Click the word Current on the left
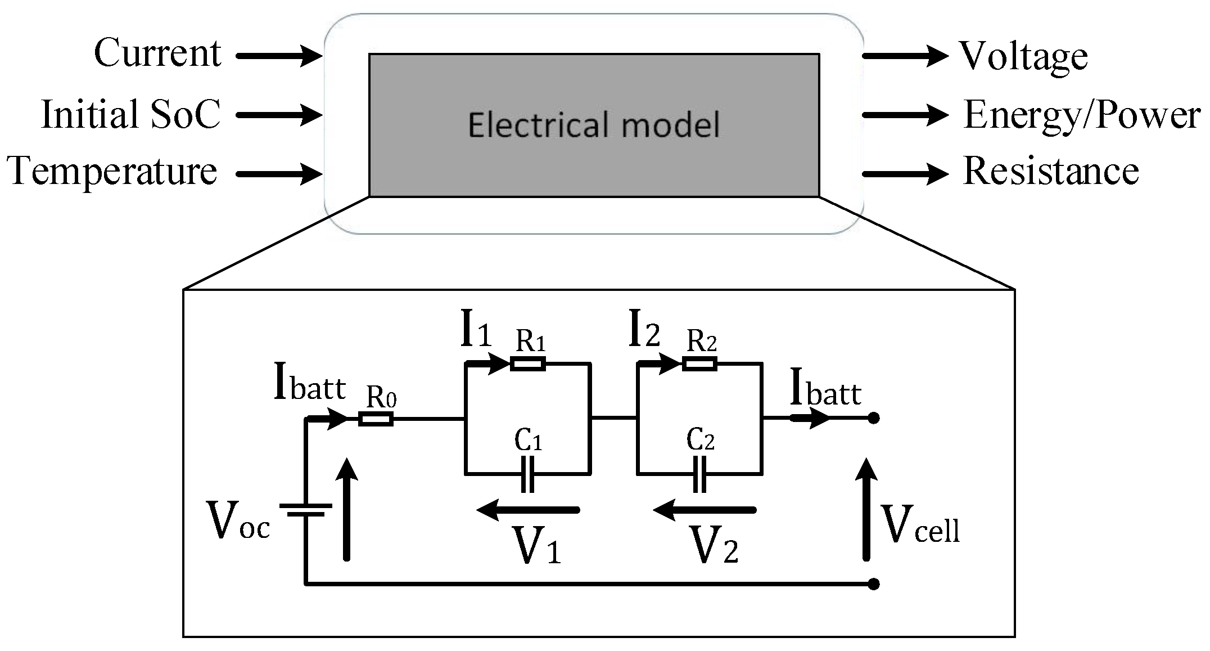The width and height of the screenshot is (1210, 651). (157, 53)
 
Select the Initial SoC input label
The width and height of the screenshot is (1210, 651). (130, 114)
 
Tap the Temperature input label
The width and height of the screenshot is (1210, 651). (112, 171)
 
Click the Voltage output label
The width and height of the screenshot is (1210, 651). (1023, 57)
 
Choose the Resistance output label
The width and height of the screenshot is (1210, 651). (1051, 171)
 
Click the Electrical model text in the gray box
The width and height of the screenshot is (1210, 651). (594, 125)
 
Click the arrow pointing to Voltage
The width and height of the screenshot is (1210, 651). (905, 56)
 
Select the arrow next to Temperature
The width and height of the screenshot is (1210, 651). (279, 174)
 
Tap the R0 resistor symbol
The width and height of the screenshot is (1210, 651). (376, 419)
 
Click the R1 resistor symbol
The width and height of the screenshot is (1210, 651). (528, 363)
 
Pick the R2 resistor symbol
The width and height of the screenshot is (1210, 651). (699, 363)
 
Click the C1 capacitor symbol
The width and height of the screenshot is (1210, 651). (527, 474)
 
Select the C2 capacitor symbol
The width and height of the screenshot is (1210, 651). (699, 474)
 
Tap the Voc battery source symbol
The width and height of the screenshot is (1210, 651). (305, 509)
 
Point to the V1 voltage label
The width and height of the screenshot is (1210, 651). (538, 546)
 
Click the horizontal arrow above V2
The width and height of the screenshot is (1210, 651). (704, 510)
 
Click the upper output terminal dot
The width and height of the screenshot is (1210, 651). (873, 418)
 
